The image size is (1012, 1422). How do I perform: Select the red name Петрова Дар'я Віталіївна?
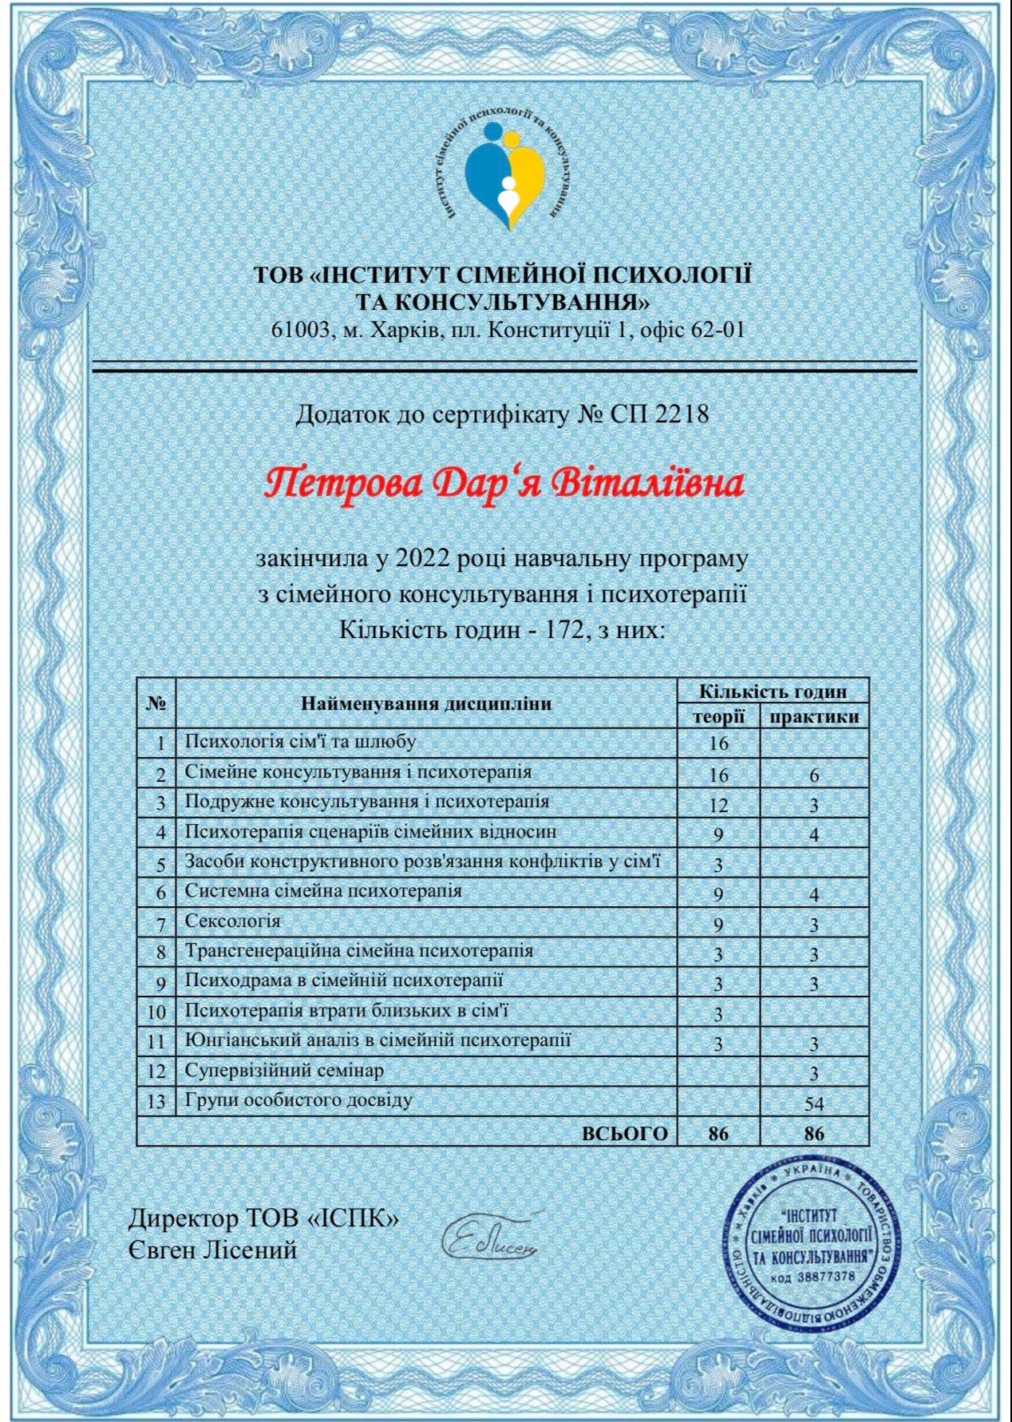pyautogui.click(x=504, y=484)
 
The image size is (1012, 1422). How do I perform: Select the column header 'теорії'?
pyautogui.click(x=718, y=716)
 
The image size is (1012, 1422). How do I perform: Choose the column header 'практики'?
pyautogui.click(x=814, y=716)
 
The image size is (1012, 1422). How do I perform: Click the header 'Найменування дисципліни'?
pyautogui.click(x=426, y=703)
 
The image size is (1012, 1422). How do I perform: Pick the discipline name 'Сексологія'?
pyautogui.click(x=233, y=921)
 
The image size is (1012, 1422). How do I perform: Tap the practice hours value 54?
pyautogui.click(x=814, y=1103)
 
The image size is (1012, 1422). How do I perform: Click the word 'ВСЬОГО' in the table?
pyautogui.click(x=625, y=1133)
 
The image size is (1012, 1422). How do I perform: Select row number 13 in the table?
pyautogui.click(x=156, y=1102)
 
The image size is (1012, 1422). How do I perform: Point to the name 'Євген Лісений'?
pyautogui.click(x=212, y=1250)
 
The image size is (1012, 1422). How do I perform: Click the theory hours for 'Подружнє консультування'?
pyautogui.click(x=718, y=805)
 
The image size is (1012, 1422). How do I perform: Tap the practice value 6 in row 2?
pyautogui.click(x=814, y=774)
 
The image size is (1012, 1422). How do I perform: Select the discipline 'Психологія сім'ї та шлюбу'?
pyautogui.click(x=301, y=742)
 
